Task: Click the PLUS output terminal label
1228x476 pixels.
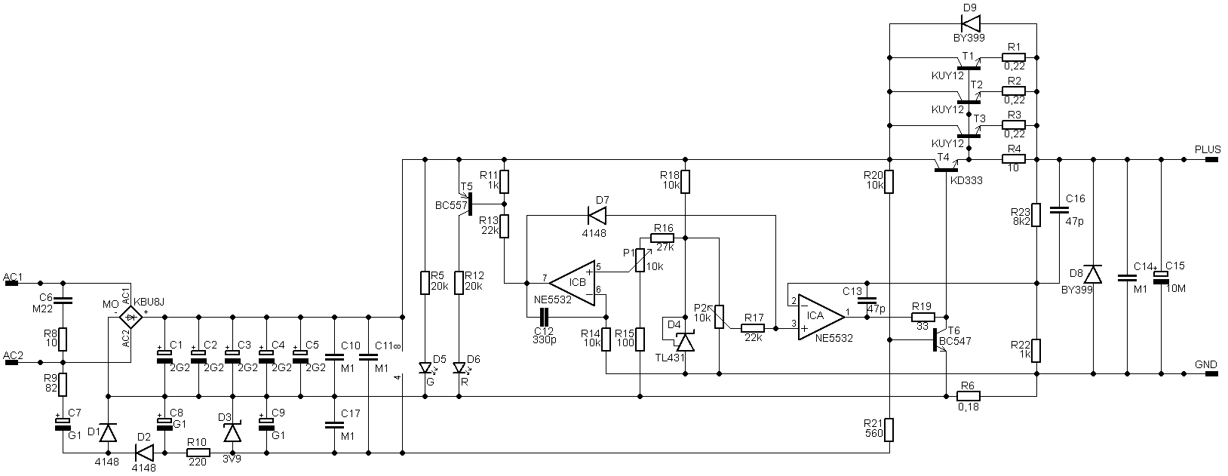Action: (1208, 149)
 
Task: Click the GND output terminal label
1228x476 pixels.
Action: (1206, 364)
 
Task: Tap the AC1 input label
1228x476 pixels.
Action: (13, 277)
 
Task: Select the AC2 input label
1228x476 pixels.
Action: (13, 355)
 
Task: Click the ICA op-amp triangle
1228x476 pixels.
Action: (821, 316)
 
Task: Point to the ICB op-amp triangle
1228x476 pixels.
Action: (573, 282)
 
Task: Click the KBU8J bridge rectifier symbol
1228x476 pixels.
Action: (130, 317)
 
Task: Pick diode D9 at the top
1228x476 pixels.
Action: (970, 23)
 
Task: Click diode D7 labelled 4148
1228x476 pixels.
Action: (597, 216)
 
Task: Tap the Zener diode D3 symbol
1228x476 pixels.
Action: (232, 432)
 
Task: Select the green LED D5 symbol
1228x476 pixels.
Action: (425, 367)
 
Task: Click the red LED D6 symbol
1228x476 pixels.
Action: (459, 367)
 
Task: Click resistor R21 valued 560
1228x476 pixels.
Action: (889, 430)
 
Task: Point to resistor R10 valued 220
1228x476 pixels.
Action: (198, 453)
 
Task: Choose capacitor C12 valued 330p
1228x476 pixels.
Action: (544, 317)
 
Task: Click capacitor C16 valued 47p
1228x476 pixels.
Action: (1059, 209)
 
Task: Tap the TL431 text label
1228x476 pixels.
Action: (670, 358)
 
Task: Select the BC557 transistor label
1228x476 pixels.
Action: (450, 206)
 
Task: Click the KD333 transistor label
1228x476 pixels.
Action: (966, 180)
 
